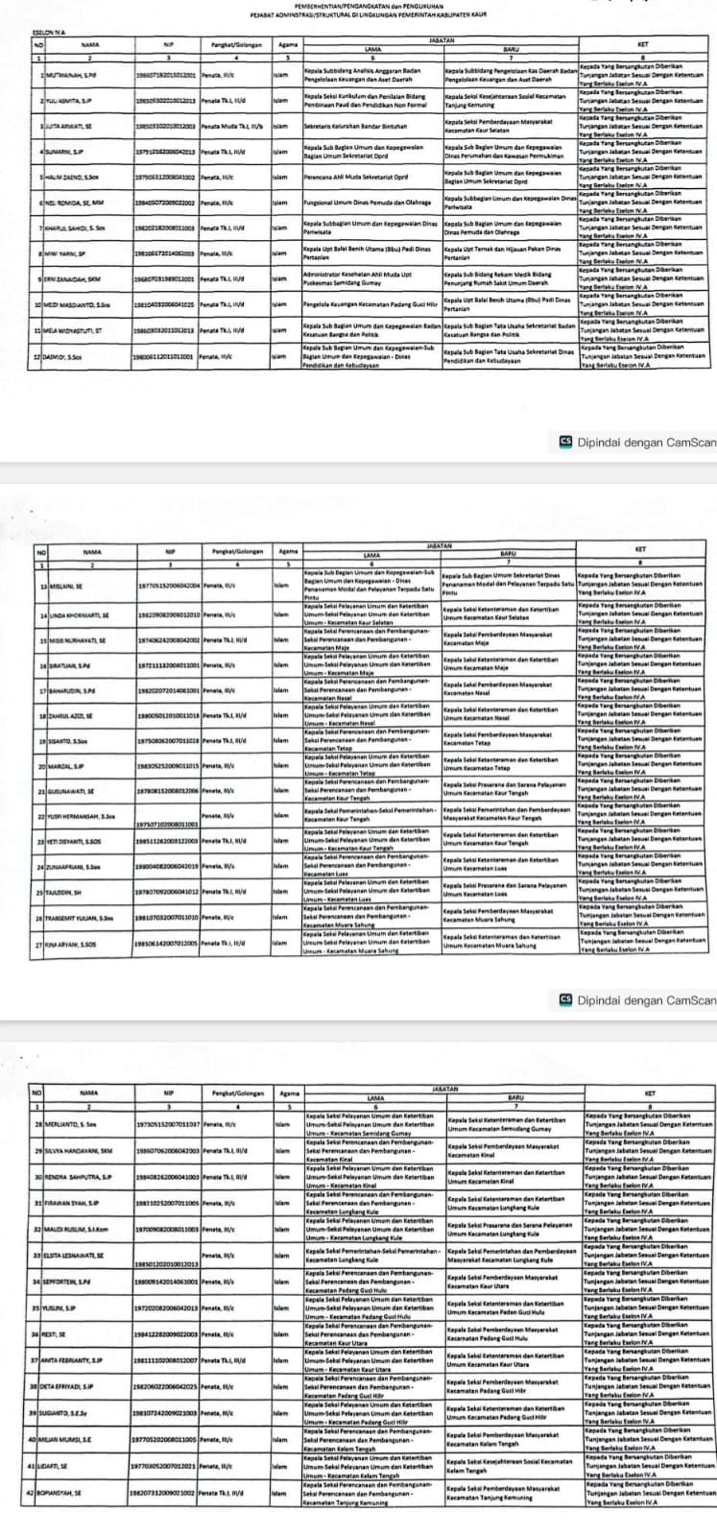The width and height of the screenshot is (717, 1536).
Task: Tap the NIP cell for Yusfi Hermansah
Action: (167, 824)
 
